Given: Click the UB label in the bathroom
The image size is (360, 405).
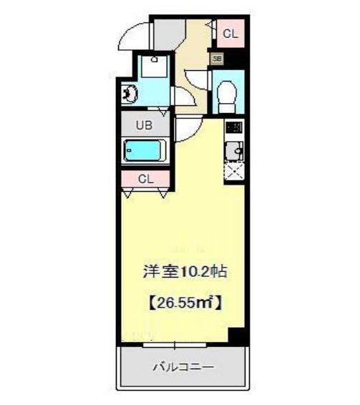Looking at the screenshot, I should tap(144, 125).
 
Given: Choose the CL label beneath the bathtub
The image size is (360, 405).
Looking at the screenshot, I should tap(145, 179).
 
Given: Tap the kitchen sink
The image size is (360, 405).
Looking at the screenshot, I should tap(233, 151).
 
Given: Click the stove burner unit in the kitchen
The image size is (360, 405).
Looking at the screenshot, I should tap(233, 129).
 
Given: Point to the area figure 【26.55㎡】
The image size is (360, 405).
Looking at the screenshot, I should tap(184, 302).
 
